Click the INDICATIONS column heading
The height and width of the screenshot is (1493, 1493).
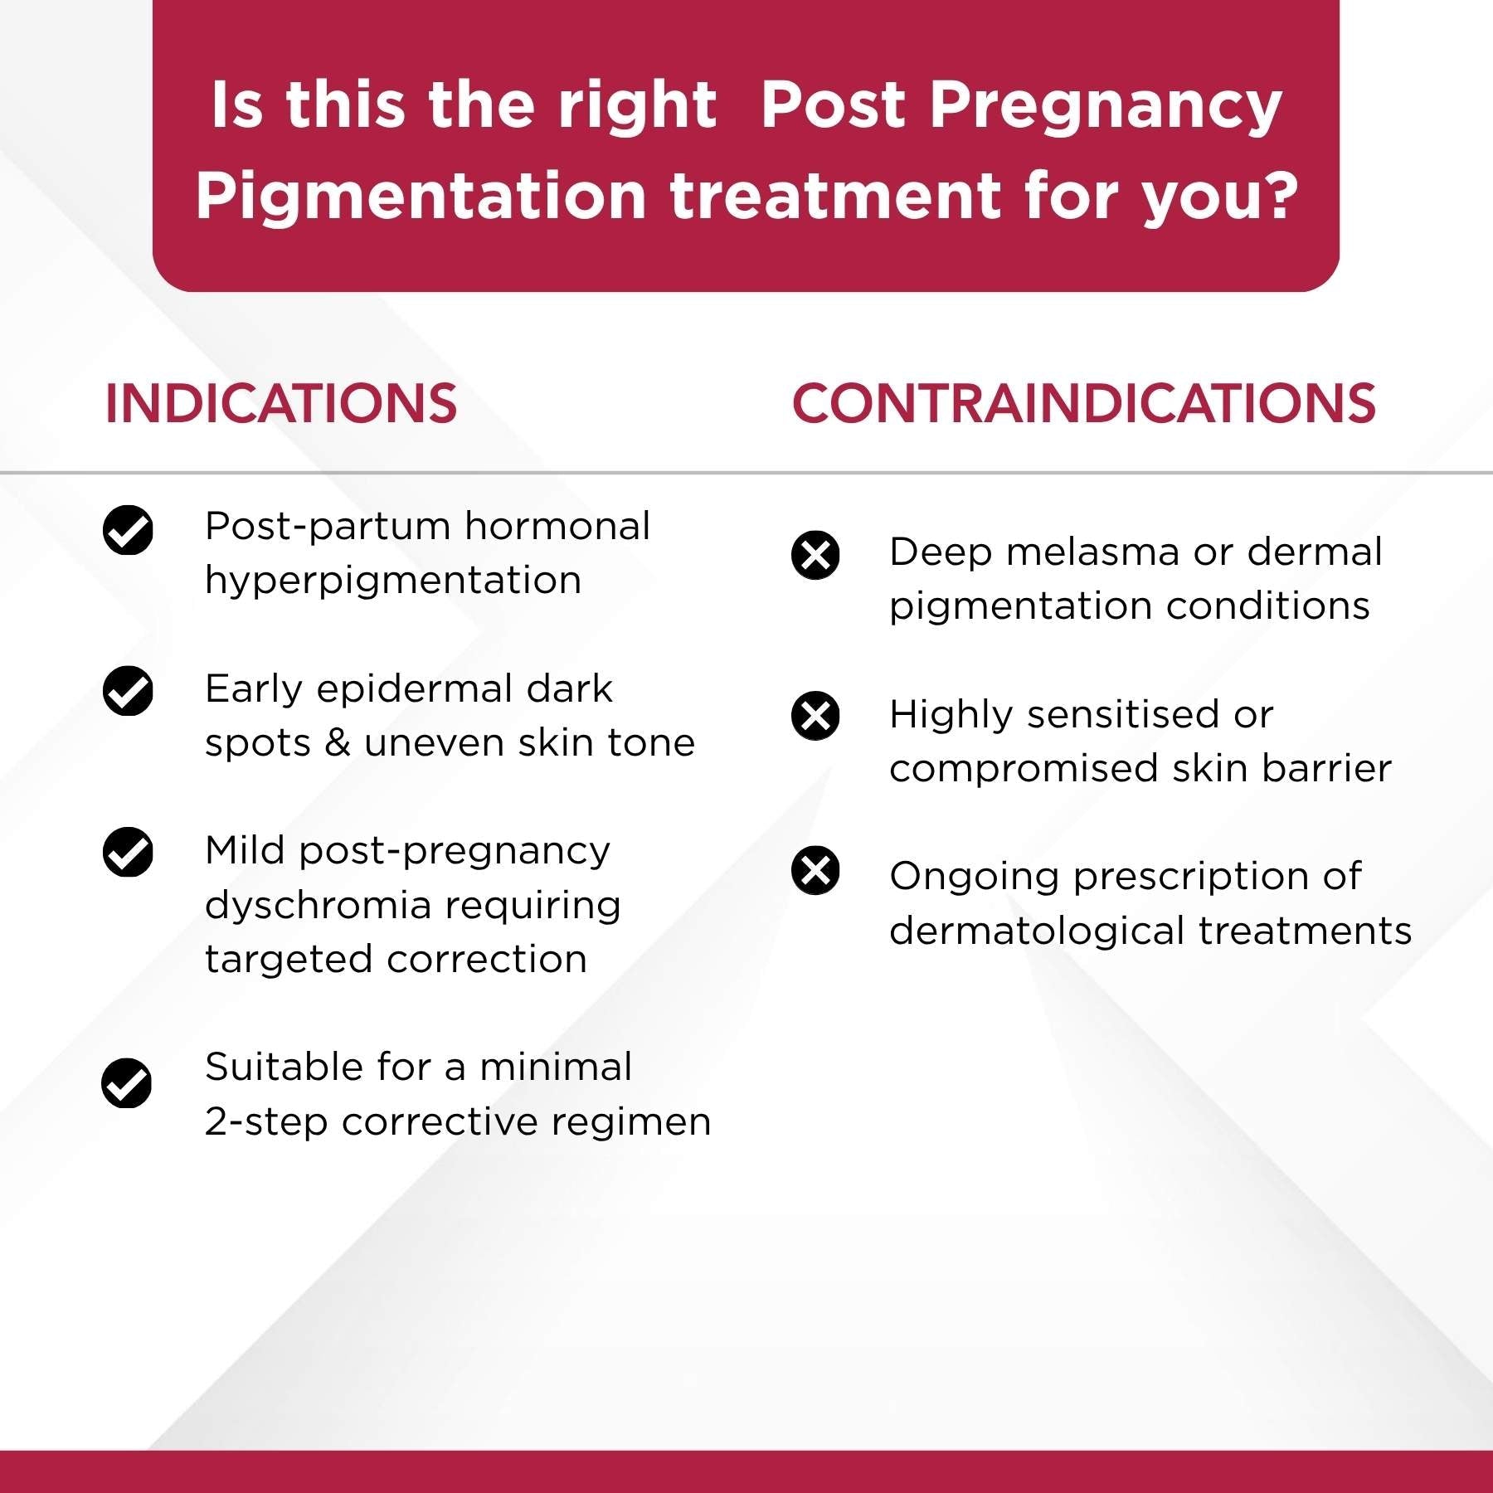pos(280,404)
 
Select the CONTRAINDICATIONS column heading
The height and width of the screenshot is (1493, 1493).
pos(1083,404)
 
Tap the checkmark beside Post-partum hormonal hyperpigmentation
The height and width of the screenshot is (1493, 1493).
pos(128,529)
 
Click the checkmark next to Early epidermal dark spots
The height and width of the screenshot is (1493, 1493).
pos(128,690)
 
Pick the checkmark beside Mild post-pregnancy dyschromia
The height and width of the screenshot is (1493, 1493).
pos(128,852)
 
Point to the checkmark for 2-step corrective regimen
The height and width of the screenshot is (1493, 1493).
pos(127,1083)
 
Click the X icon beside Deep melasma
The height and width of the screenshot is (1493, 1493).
pos(815,555)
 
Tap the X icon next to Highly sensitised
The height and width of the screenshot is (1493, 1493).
pos(815,716)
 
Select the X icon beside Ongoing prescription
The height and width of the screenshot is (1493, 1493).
pos(815,871)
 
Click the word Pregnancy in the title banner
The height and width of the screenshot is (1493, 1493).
pos(1105,108)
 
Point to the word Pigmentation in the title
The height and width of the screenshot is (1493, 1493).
pos(421,197)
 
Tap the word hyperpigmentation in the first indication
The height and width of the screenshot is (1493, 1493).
pos(393,581)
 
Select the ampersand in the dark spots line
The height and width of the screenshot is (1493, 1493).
pos(337,742)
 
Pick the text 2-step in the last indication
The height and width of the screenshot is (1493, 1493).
pos(266,1121)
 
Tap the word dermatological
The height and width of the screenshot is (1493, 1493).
pos(1037,931)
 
